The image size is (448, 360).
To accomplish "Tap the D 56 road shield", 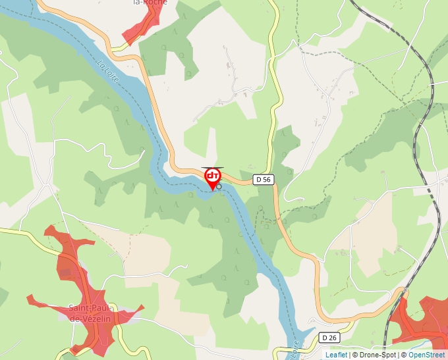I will pyautogui.click(x=264, y=179).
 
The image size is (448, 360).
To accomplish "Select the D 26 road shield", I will pyautogui.click(x=329, y=338).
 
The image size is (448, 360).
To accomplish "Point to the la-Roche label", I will pyautogui.click(x=150, y=3).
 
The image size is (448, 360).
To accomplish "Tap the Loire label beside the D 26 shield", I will pyautogui.click(x=294, y=349).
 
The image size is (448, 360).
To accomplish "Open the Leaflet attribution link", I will pyautogui.click(x=336, y=355).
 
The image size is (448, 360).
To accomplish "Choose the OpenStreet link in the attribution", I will pyautogui.click(x=428, y=355).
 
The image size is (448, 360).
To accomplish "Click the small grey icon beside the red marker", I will pyautogui.click(x=219, y=187).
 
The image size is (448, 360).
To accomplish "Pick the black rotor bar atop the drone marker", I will pyautogui.click(x=213, y=168).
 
